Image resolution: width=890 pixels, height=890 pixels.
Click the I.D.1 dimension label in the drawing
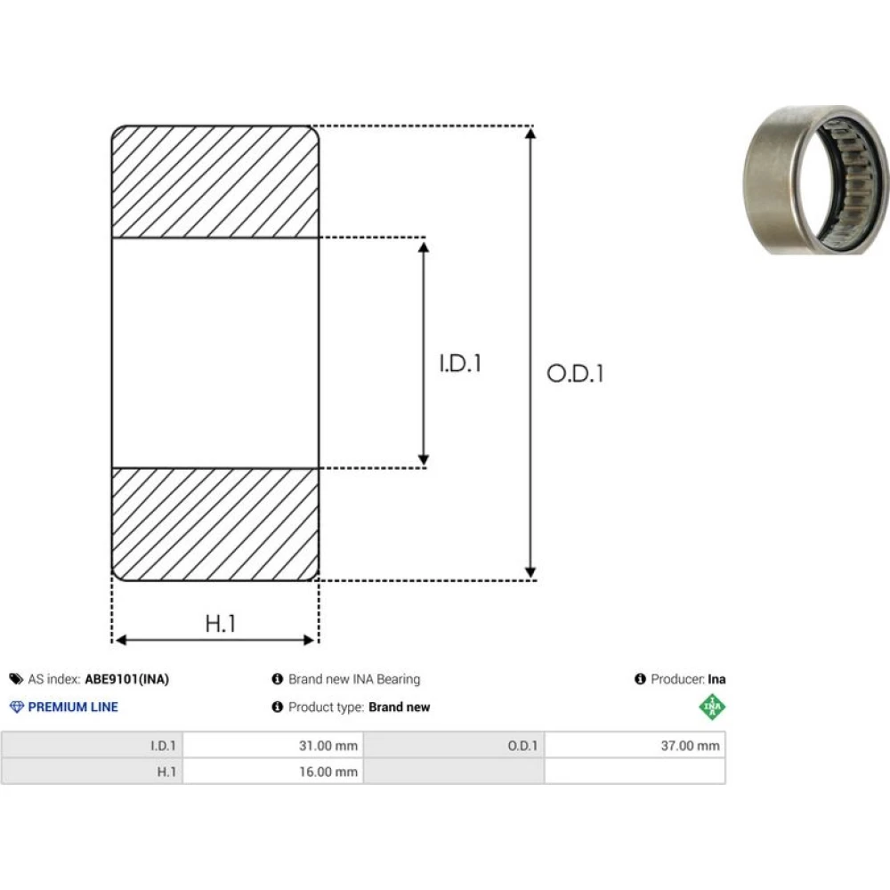(x=460, y=363)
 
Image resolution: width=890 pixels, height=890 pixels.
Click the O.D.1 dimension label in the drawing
(x=575, y=374)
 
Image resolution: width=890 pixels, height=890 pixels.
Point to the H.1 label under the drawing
(x=221, y=623)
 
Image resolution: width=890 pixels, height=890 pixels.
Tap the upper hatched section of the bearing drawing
(x=215, y=181)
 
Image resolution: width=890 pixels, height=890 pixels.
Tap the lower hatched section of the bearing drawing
(x=215, y=524)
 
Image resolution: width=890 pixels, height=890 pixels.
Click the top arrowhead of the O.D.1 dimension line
(x=530, y=133)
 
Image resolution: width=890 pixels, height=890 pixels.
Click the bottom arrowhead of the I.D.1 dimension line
(x=424, y=460)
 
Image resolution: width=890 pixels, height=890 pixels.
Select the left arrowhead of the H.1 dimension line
(x=120, y=640)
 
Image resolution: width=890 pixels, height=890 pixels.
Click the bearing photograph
(x=816, y=180)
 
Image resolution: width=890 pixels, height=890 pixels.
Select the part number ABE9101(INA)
(x=127, y=679)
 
